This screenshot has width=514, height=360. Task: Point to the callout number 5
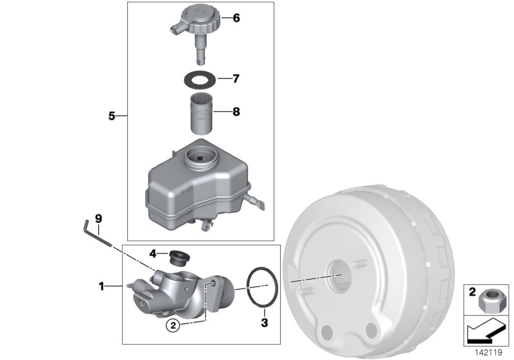[111, 116]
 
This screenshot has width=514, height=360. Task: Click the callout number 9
[98, 219]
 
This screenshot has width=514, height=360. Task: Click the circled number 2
[172, 325]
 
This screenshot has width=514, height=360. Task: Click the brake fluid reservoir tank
[193, 183]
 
